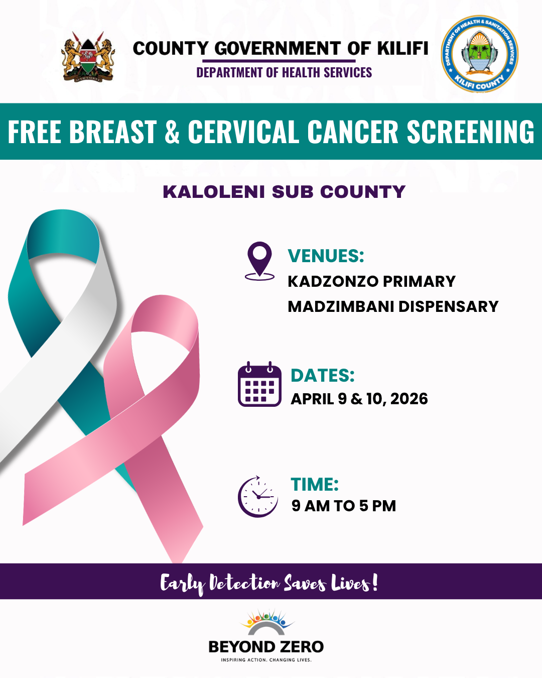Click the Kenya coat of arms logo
click(x=88, y=57)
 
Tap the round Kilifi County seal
click(x=479, y=54)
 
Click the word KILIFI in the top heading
click(x=403, y=49)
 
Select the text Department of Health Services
click(x=284, y=72)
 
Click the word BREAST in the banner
click(x=113, y=132)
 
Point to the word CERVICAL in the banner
click(x=243, y=132)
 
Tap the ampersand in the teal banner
click(x=172, y=132)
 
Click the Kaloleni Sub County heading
click(x=284, y=192)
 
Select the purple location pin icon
click(x=259, y=261)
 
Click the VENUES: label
click(x=326, y=256)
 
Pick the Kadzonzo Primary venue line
click(x=371, y=281)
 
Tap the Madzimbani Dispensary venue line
click(x=393, y=306)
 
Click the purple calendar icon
click(x=259, y=384)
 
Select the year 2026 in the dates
click(x=409, y=399)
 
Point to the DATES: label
click(x=323, y=375)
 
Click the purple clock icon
click(x=258, y=497)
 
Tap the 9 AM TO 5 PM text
click(x=344, y=506)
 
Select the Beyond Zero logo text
click(x=266, y=646)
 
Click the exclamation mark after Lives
click(x=374, y=582)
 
